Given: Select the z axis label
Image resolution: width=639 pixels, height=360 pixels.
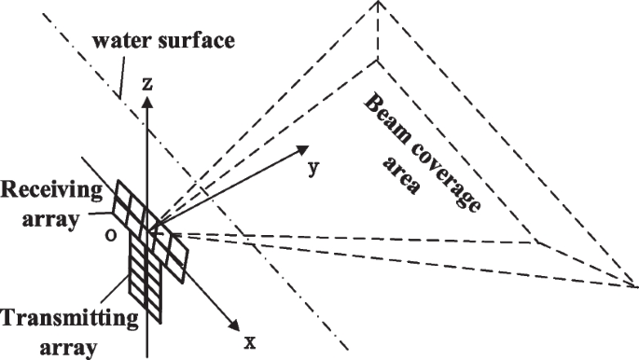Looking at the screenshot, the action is coord(146,84).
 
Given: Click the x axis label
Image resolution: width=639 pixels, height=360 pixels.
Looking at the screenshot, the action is coord(249,341).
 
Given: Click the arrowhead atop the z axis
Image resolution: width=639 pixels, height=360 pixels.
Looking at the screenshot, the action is coord(146,100).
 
